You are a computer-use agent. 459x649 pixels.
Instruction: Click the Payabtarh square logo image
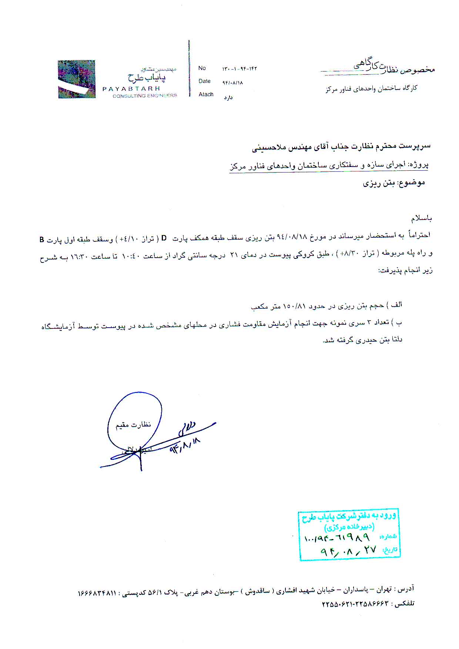coord(77,79)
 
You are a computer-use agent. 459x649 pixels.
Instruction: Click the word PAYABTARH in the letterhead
coord(131,88)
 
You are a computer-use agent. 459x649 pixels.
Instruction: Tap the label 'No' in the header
coord(202,68)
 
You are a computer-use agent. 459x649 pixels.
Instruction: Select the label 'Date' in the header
coord(204,81)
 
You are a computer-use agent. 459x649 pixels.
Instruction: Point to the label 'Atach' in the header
coord(206,94)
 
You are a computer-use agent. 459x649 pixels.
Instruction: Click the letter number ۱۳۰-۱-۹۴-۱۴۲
coord(239,69)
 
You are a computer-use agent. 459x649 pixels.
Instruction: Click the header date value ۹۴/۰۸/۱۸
coord(232,83)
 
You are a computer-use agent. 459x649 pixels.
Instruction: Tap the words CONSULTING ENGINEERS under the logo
coord(145,96)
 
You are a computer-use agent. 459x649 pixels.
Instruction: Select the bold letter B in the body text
coord(42,240)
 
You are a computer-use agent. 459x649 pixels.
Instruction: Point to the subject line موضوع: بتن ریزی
coord(393,183)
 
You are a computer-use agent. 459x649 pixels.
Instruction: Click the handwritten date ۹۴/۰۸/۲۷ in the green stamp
coord(348,551)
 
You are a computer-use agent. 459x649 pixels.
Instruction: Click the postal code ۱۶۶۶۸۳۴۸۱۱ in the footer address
coord(97,593)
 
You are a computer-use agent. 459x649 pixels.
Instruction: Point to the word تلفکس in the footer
coord(405,604)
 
